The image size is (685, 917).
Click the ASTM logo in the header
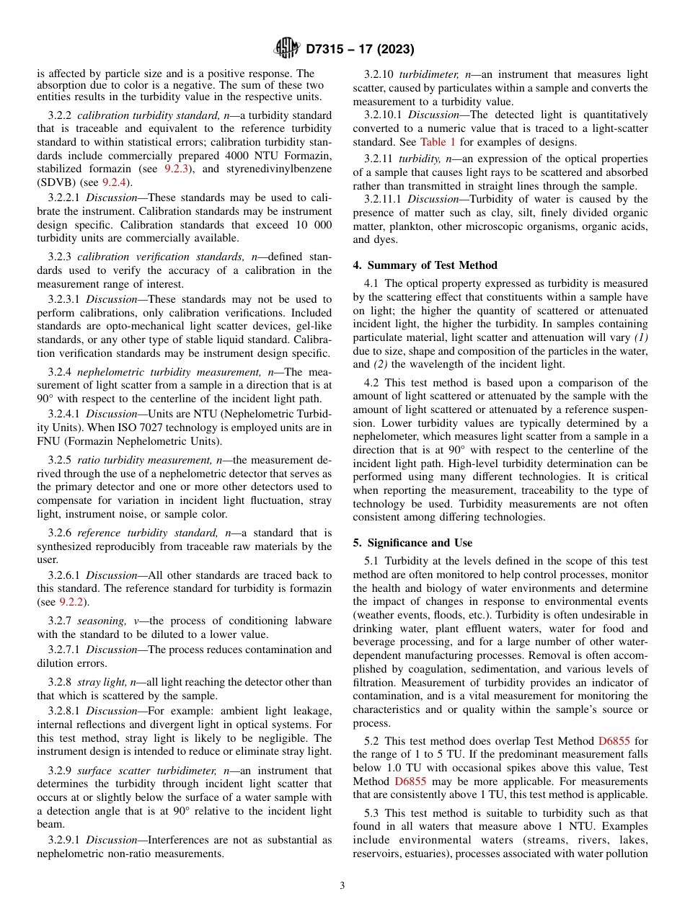point(287,49)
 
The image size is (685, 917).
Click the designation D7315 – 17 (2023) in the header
point(359,50)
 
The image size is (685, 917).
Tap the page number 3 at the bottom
point(342,886)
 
